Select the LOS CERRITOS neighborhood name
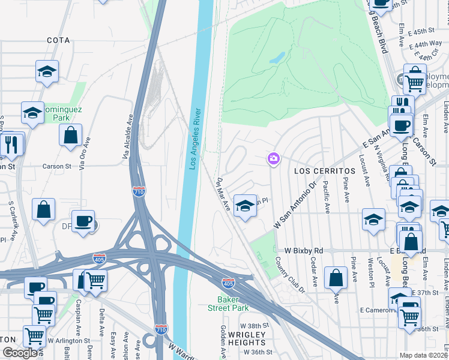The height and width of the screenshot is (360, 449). click(324, 171)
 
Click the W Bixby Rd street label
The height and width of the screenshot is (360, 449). click(304, 250)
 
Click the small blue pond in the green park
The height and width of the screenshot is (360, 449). click(277, 58)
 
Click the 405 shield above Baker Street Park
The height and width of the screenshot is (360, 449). click(228, 282)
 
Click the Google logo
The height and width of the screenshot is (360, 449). click(20, 353)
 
